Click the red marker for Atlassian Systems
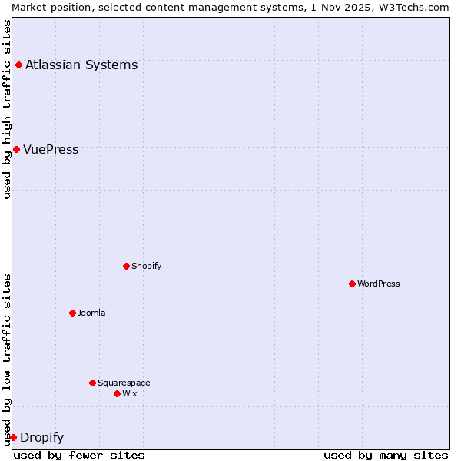[18, 65]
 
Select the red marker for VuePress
[16, 149]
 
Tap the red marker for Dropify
[13, 437]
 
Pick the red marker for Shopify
[126, 266]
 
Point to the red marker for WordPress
[352, 284]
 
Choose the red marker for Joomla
[72, 313]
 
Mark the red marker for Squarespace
[92, 383]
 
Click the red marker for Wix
[117, 393]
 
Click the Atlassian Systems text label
[81, 65]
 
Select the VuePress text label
[51, 149]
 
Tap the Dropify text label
[41, 438]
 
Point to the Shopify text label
[146, 266]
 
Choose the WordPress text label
[378, 284]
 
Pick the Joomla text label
[91, 313]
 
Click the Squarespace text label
[124, 383]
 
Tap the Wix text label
[129, 393]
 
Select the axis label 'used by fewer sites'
[79, 455]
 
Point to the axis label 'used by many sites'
[386, 455]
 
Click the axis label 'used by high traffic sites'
[7, 109]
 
